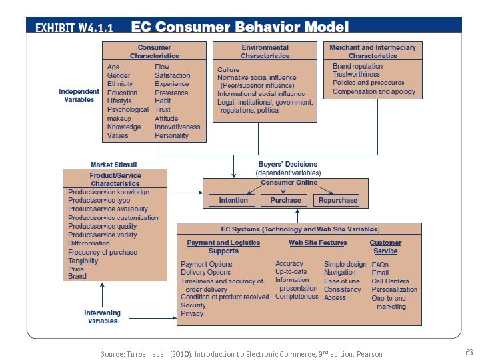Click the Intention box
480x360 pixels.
coord(233,200)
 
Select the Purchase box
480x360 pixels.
coord(285,200)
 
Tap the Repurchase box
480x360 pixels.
coord(338,200)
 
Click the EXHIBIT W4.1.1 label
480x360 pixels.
coord(74,28)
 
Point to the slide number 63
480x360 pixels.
coord(468,351)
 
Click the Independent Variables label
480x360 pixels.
coord(79,95)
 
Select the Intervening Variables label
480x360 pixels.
coord(102,317)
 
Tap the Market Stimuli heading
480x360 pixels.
coord(113,165)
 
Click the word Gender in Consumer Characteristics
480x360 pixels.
coord(119,75)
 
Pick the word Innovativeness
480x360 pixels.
coord(177,127)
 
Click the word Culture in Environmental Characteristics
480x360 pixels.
coord(229,69)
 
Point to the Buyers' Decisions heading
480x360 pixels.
coord(288,164)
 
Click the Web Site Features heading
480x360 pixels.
coord(317,243)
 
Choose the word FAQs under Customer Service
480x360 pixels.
coord(380,265)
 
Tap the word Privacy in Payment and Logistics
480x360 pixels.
coord(192,313)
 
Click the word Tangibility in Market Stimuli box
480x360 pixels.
coord(83,261)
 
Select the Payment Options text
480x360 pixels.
coord(207,264)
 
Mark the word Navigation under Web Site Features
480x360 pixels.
coord(340,272)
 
